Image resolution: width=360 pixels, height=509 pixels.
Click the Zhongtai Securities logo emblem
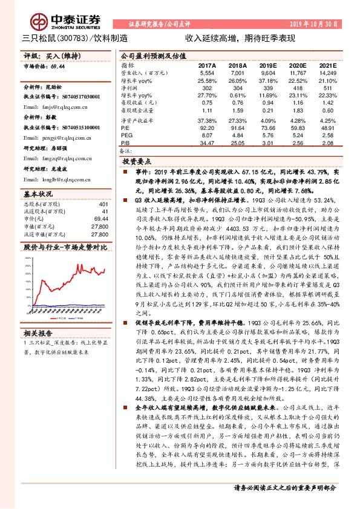point(41,22)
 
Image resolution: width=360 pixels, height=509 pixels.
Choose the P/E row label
point(126,128)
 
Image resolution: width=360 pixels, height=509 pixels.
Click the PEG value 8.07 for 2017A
point(207,135)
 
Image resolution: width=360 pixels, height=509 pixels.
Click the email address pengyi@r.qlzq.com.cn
point(57,138)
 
